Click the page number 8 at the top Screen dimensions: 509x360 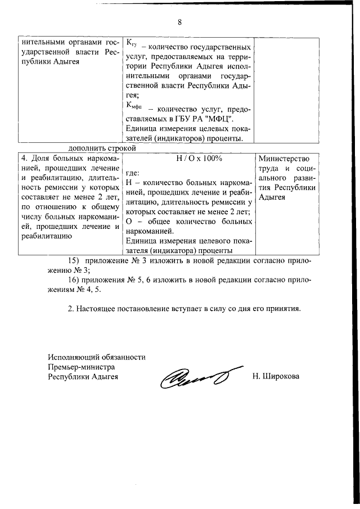[179, 22]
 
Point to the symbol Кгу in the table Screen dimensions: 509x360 [131, 44]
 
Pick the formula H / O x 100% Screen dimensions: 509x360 [191, 159]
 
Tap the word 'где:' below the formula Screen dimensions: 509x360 [132, 173]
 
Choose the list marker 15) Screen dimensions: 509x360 [74, 260]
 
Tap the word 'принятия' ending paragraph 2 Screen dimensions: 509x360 [285, 309]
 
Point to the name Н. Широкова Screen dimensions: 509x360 [276, 376]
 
